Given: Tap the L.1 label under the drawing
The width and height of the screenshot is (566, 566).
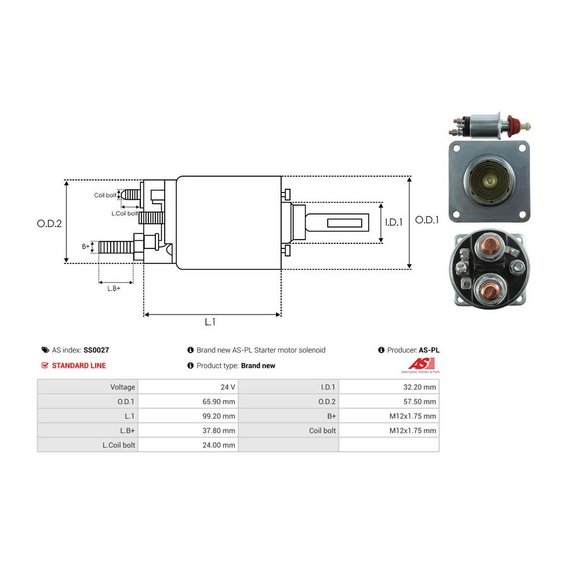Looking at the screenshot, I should (210, 322).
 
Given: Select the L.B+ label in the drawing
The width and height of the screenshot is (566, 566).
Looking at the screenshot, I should (113, 288).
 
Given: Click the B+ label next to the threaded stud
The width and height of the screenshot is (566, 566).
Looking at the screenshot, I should (86, 247).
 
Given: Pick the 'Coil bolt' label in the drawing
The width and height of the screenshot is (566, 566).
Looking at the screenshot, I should (105, 196).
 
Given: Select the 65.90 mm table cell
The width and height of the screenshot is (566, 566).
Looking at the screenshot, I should (220, 402).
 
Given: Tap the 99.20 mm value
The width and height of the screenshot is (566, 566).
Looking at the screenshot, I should (220, 416).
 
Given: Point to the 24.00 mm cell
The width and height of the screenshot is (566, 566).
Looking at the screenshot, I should (220, 445).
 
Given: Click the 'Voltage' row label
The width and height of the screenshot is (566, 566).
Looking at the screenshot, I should (121, 387).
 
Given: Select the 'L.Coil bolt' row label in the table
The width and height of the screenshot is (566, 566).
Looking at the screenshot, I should (118, 445).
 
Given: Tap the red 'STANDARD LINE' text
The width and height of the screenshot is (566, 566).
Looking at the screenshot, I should (79, 365).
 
